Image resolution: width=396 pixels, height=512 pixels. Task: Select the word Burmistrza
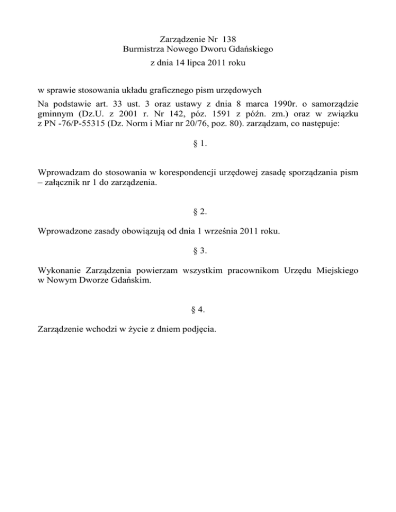click(145, 49)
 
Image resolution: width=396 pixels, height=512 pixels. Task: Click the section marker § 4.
click(198, 310)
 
